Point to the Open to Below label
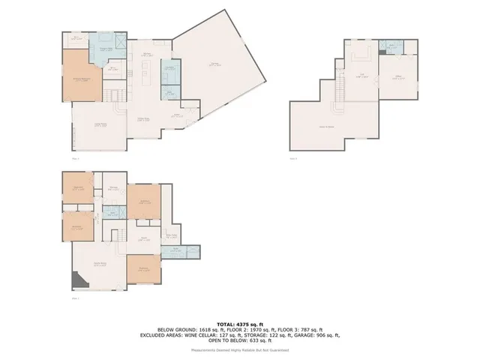click(x=327, y=127)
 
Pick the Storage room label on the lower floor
click(x=112, y=189)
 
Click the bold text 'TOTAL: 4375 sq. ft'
click(x=239, y=322)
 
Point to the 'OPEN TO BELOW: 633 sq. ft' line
click(x=239, y=340)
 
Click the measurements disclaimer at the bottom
click(x=239, y=349)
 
